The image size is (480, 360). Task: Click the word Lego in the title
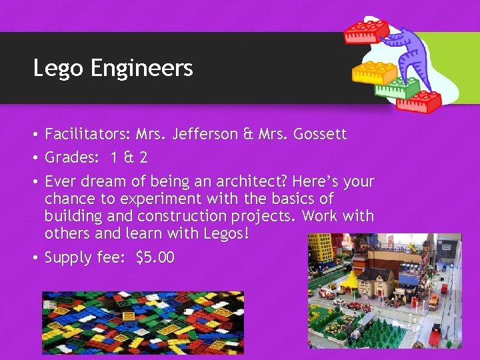[54, 68]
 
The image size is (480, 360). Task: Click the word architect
[249, 181]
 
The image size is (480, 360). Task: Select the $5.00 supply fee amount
[155, 257]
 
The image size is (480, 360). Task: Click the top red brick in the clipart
[365, 30]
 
